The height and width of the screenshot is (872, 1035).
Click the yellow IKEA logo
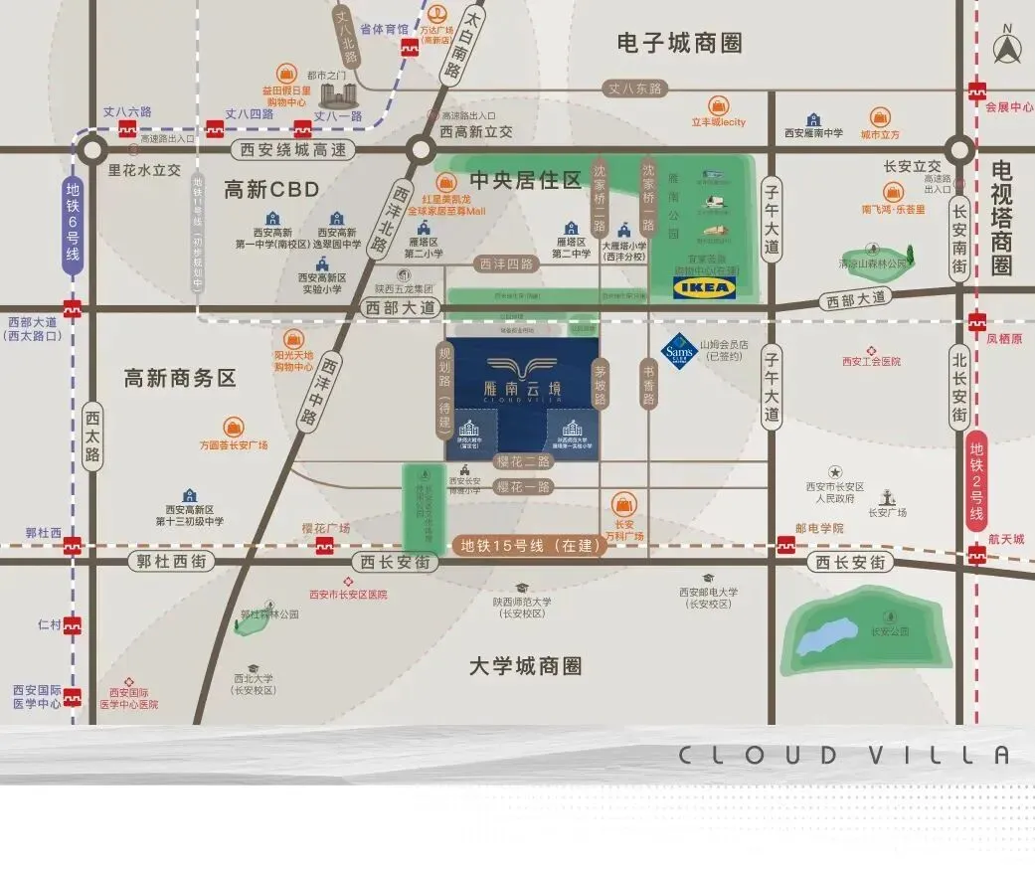(x=705, y=288)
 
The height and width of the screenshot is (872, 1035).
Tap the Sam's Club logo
(x=678, y=350)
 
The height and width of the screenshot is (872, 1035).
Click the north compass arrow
(x=1011, y=49)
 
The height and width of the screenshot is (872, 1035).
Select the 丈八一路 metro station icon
(x=302, y=128)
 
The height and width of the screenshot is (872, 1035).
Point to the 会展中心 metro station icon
(x=978, y=88)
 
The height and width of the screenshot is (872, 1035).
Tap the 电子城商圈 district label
(x=679, y=43)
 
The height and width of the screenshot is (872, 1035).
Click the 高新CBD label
(x=271, y=189)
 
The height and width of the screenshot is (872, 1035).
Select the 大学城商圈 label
(x=525, y=666)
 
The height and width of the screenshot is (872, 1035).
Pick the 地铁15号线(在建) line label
(x=528, y=545)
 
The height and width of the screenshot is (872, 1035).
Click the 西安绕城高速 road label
(x=293, y=151)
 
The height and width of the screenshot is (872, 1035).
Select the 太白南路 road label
(x=449, y=52)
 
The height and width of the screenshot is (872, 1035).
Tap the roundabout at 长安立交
(x=958, y=150)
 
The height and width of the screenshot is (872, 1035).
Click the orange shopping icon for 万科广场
(x=625, y=503)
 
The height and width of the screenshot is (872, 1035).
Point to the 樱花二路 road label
(x=523, y=461)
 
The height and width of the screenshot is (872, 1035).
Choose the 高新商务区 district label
(x=180, y=378)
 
